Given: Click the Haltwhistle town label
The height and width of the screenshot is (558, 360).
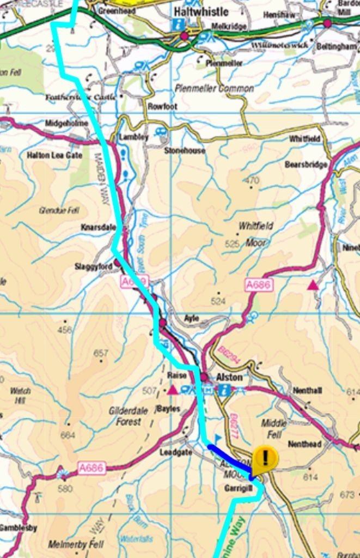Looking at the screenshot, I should point(200,11).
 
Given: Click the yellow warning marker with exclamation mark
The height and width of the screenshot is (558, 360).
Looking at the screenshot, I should point(265,457).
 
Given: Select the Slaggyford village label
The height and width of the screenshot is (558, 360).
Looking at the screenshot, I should point(93,266).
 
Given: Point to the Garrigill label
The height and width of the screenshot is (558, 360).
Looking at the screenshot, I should point(237,488).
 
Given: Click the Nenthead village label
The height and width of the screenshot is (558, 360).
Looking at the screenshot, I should point(304,444).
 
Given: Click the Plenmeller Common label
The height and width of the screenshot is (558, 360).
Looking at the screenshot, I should point(214,88).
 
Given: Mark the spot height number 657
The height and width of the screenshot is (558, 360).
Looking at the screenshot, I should point(101,354).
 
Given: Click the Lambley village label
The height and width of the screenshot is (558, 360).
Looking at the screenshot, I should point(133,137).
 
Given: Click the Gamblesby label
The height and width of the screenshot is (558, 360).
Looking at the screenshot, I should point(18,527).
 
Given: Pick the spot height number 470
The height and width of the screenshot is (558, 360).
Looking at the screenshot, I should point(252,180).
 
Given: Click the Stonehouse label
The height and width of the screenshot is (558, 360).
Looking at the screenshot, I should point(185,150).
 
